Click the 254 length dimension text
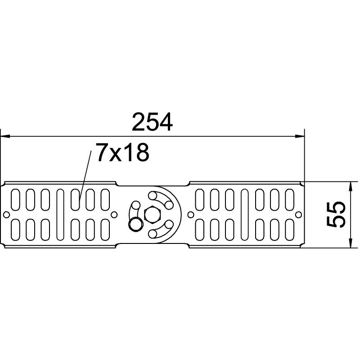pyautogui.click(x=152, y=122)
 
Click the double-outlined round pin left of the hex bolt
pyautogui.click(x=135, y=224)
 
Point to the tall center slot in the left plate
pyautogui.click(x=60, y=214)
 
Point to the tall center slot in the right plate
pyautogui.click(x=244, y=214)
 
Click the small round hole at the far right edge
pyautogui.click(x=298, y=215)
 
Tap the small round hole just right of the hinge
pyautogui.click(x=191, y=214)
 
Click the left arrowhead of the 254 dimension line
pyautogui.click(x=4, y=135)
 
